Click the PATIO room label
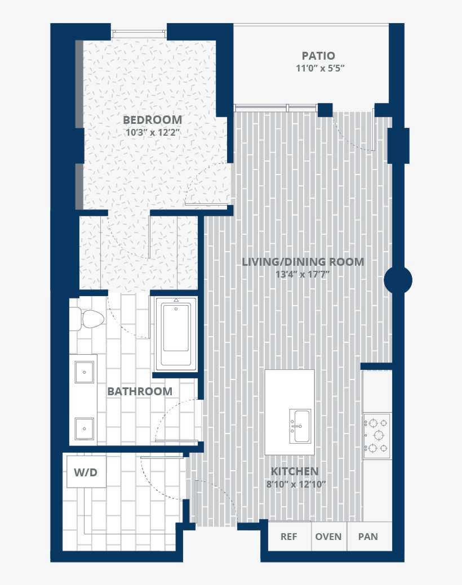[318, 56]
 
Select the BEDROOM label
[152, 119]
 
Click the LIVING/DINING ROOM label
[303, 262]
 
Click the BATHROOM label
[140, 391]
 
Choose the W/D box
[86, 471]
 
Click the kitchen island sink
[300, 426]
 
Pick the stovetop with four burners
[377, 435]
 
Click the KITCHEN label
[294, 471]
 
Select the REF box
[288, 537]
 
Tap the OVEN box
[328, 537]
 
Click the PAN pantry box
[368, 537]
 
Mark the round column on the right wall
[398, 280]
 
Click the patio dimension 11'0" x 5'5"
[320, 69]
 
